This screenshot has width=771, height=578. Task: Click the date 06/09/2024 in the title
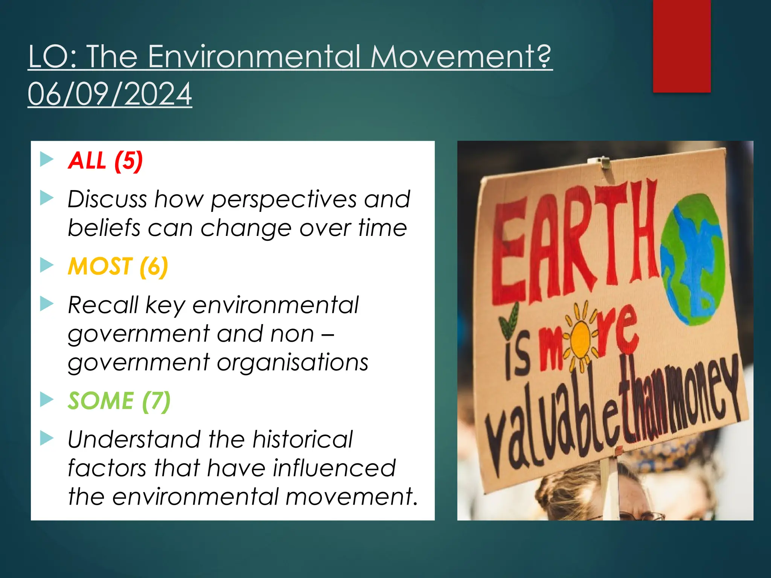tap(110, 94)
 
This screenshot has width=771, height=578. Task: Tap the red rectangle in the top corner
tap(681, 46)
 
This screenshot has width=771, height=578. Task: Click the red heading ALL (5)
tap(105, 161)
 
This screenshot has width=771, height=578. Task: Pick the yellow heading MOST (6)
tap(118, 266)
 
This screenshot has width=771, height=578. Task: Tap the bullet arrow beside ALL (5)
tap(47, 159)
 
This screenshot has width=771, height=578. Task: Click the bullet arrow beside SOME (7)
tap(47, 399)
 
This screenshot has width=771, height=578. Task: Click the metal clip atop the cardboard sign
tap(604, 162)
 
